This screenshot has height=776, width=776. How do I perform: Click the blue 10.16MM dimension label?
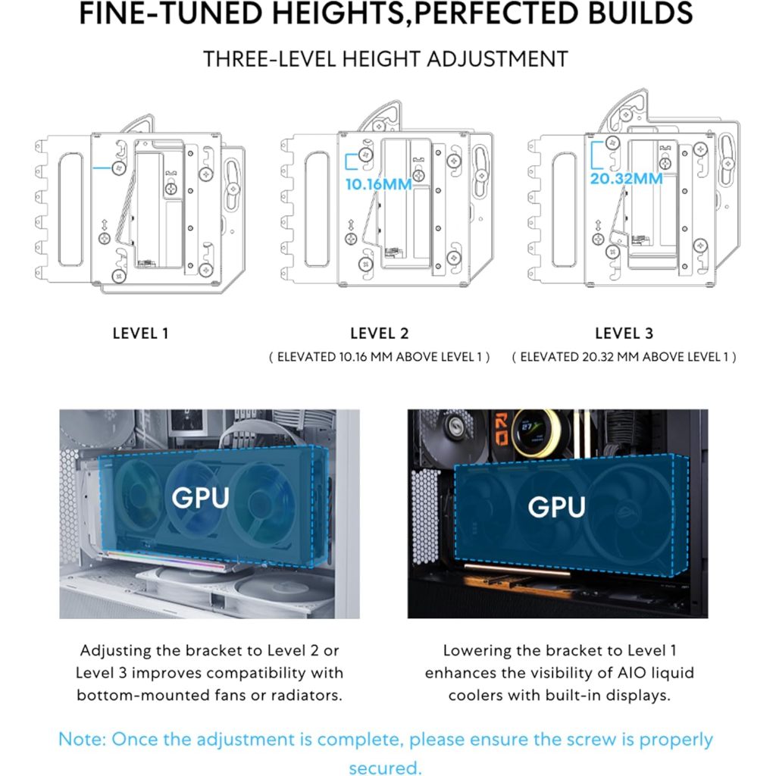click(x=379, y=185)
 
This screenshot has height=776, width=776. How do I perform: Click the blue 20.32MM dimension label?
click(x=626, y=179)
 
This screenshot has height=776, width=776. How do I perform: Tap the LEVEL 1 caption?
click(x=140, y=333)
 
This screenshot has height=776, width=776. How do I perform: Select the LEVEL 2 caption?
click(x=380, y=333)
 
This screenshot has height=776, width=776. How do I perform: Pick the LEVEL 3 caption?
click(x=624, y=333)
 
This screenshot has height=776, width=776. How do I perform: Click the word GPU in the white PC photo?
click(x=200, y=498)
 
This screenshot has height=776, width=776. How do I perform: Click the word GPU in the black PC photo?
click(x=557, y=507)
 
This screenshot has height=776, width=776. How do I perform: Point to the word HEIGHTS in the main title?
click(x=337, y=14)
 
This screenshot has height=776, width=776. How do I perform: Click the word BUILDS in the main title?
click(x=640, y=14)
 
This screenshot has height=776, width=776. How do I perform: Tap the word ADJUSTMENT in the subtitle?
click(x=497, y=59)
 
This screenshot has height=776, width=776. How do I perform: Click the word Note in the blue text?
click(x=81, y=740)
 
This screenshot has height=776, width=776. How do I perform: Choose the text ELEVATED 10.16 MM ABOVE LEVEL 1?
click(x=380, y=358)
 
